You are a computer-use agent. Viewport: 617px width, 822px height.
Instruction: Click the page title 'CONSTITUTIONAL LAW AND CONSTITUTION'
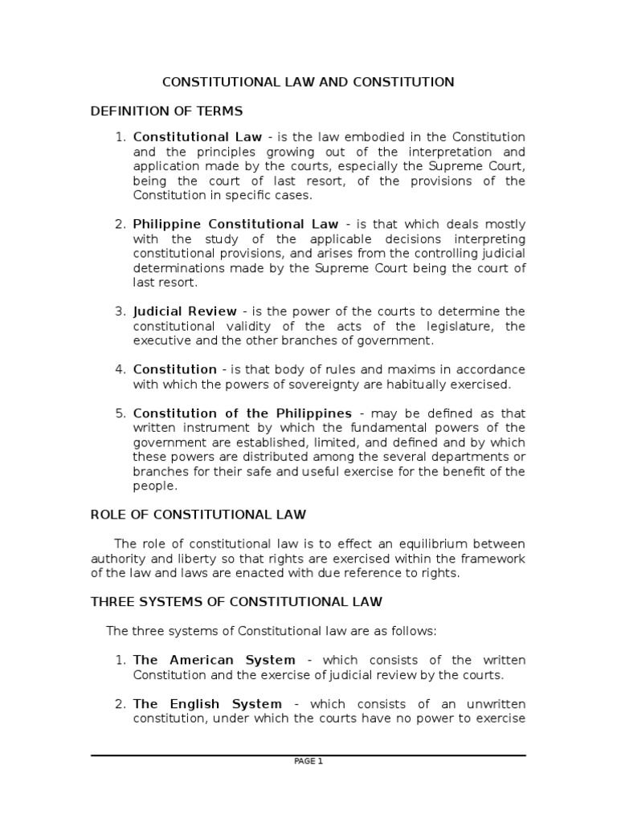(x=308, y=82)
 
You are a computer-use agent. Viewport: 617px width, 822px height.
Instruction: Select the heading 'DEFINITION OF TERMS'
(x=166, y=110)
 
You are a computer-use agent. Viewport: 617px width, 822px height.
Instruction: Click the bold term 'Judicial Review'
(x=185, y=311)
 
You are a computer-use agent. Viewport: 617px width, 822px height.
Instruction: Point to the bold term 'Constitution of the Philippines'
(x=243, y=413)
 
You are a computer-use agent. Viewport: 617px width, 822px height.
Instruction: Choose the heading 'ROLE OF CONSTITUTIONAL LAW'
(x=198, y=514)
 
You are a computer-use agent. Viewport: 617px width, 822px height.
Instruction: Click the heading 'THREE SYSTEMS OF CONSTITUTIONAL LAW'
(x=236, y=601)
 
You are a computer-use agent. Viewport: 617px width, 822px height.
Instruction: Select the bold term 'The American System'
(x=214, y=660)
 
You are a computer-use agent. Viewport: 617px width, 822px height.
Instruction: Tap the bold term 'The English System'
(x=207, y=703)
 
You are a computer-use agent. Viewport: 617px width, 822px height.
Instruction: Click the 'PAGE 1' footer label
(x=308, y=762)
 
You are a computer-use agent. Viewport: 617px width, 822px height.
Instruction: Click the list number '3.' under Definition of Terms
(x=121, y=311)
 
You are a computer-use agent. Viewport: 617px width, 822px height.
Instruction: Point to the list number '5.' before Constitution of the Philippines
(x=121, y=413)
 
